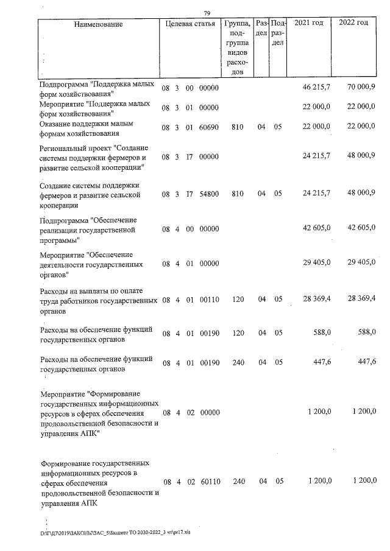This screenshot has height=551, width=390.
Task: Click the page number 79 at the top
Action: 207,13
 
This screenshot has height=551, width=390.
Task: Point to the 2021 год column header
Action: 308,23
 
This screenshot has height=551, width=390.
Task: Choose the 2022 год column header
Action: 353,23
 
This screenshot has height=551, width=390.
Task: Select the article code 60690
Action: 209,127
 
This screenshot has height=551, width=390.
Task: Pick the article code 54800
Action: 209,194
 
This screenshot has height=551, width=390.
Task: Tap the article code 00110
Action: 209,299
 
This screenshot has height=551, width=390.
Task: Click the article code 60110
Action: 209,482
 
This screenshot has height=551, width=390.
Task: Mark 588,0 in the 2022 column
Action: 364,331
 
